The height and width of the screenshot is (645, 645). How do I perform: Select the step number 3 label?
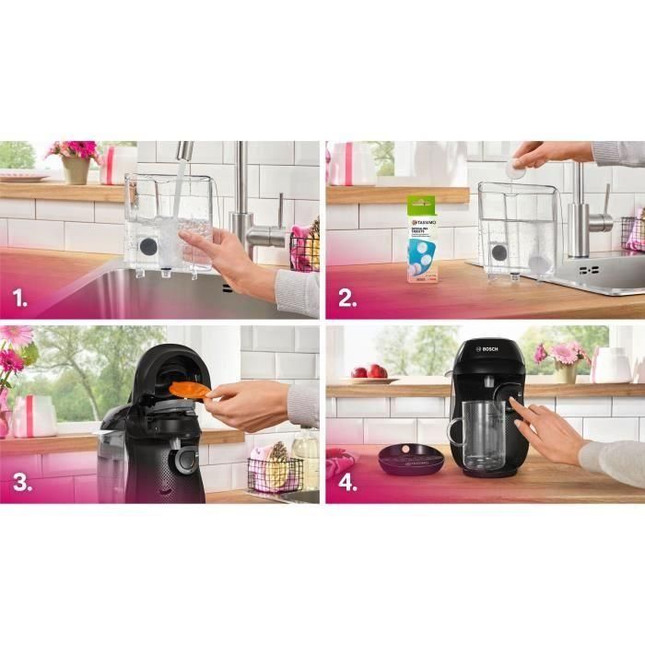tap(18, 483)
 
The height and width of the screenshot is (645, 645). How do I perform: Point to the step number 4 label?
tap(346, 483)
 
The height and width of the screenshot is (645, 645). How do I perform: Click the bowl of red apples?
tap(369, 373)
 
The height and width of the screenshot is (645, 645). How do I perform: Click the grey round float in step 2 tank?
tap(498, 252)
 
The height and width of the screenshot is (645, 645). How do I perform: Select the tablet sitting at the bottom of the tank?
tap(538, 262)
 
